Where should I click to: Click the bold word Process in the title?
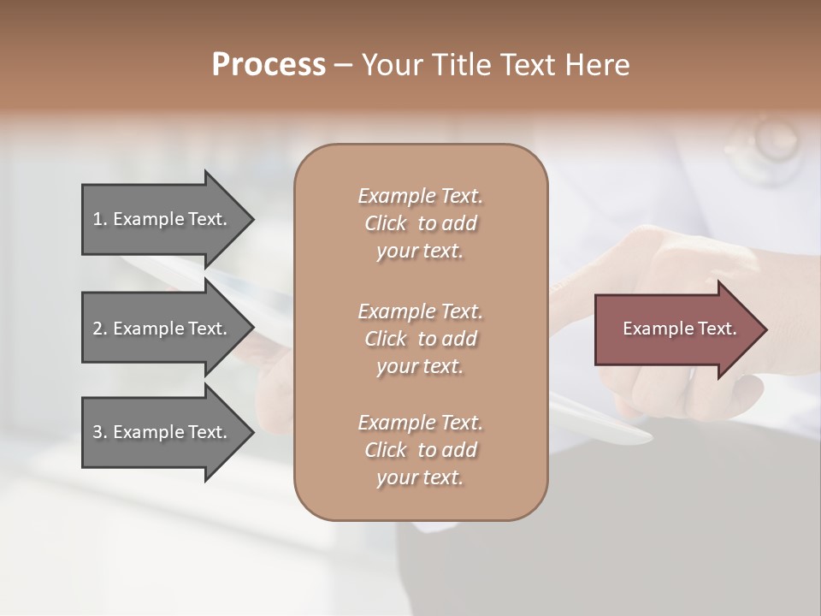pos(269,65)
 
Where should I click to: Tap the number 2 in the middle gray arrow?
pos(97,329)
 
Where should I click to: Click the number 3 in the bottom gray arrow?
pos(97,432)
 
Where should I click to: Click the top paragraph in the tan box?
pos(420,223)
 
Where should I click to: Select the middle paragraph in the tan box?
pos(420,339)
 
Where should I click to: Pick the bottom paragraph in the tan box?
pos(420,450)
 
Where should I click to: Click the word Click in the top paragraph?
pos(385,223)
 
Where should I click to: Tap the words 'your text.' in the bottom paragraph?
pos(420,478)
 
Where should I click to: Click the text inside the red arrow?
pos(679,329)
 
